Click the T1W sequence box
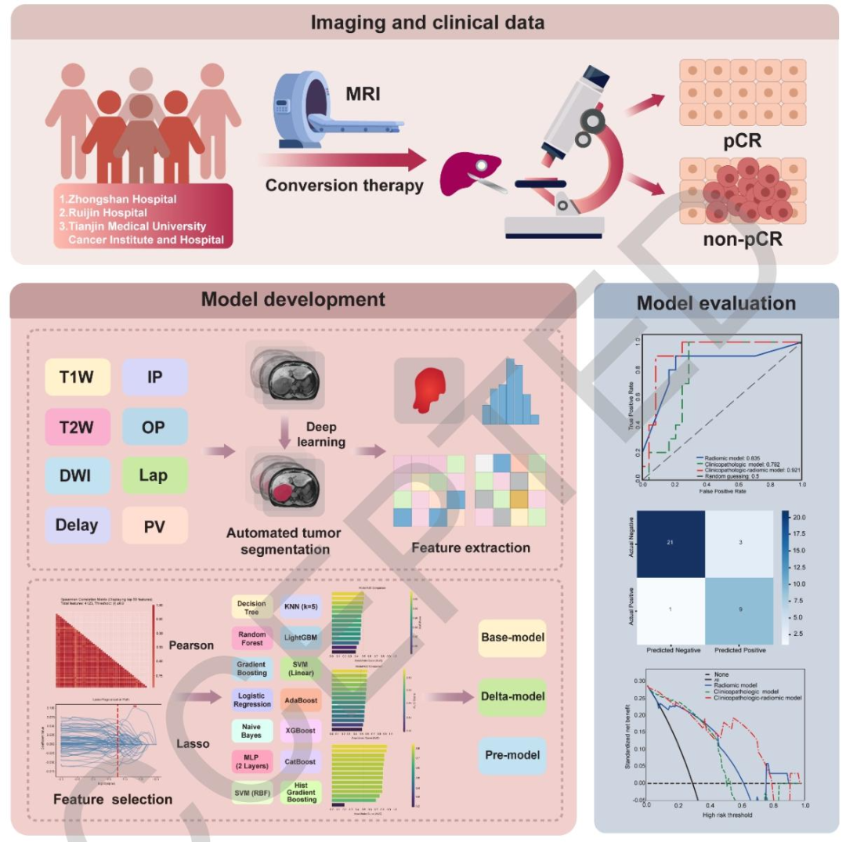click(76, 378)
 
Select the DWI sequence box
click(76, 475)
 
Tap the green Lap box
click(154, 475)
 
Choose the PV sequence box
click(154, 525)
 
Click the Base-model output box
click(512, 639)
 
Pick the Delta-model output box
click(512, 696)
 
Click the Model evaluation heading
click(716, 303)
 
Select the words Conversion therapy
click(344, 186)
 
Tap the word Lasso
click(192, 743)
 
